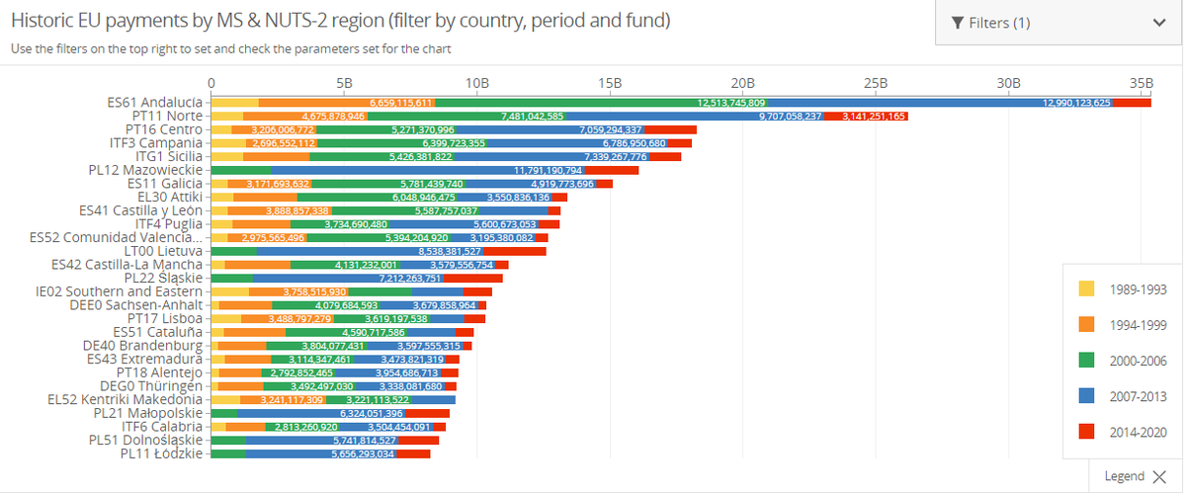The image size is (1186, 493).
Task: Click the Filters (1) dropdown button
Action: click(x=1059, y=23)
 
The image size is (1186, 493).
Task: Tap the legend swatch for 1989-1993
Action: click(x=1086, y=288)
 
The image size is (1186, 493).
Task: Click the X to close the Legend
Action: click(x=1158, y=476)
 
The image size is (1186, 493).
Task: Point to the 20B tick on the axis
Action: click(x=742, y=83)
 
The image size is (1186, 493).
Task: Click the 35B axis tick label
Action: click(x=1141, y=83)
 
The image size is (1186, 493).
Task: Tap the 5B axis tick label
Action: click(x=344, y=83)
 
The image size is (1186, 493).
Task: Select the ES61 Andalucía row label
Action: click(x=154, y=102)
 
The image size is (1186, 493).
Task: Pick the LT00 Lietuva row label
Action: click(x=157, y=251)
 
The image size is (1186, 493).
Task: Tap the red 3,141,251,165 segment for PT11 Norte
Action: click(x=874, y=117)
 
